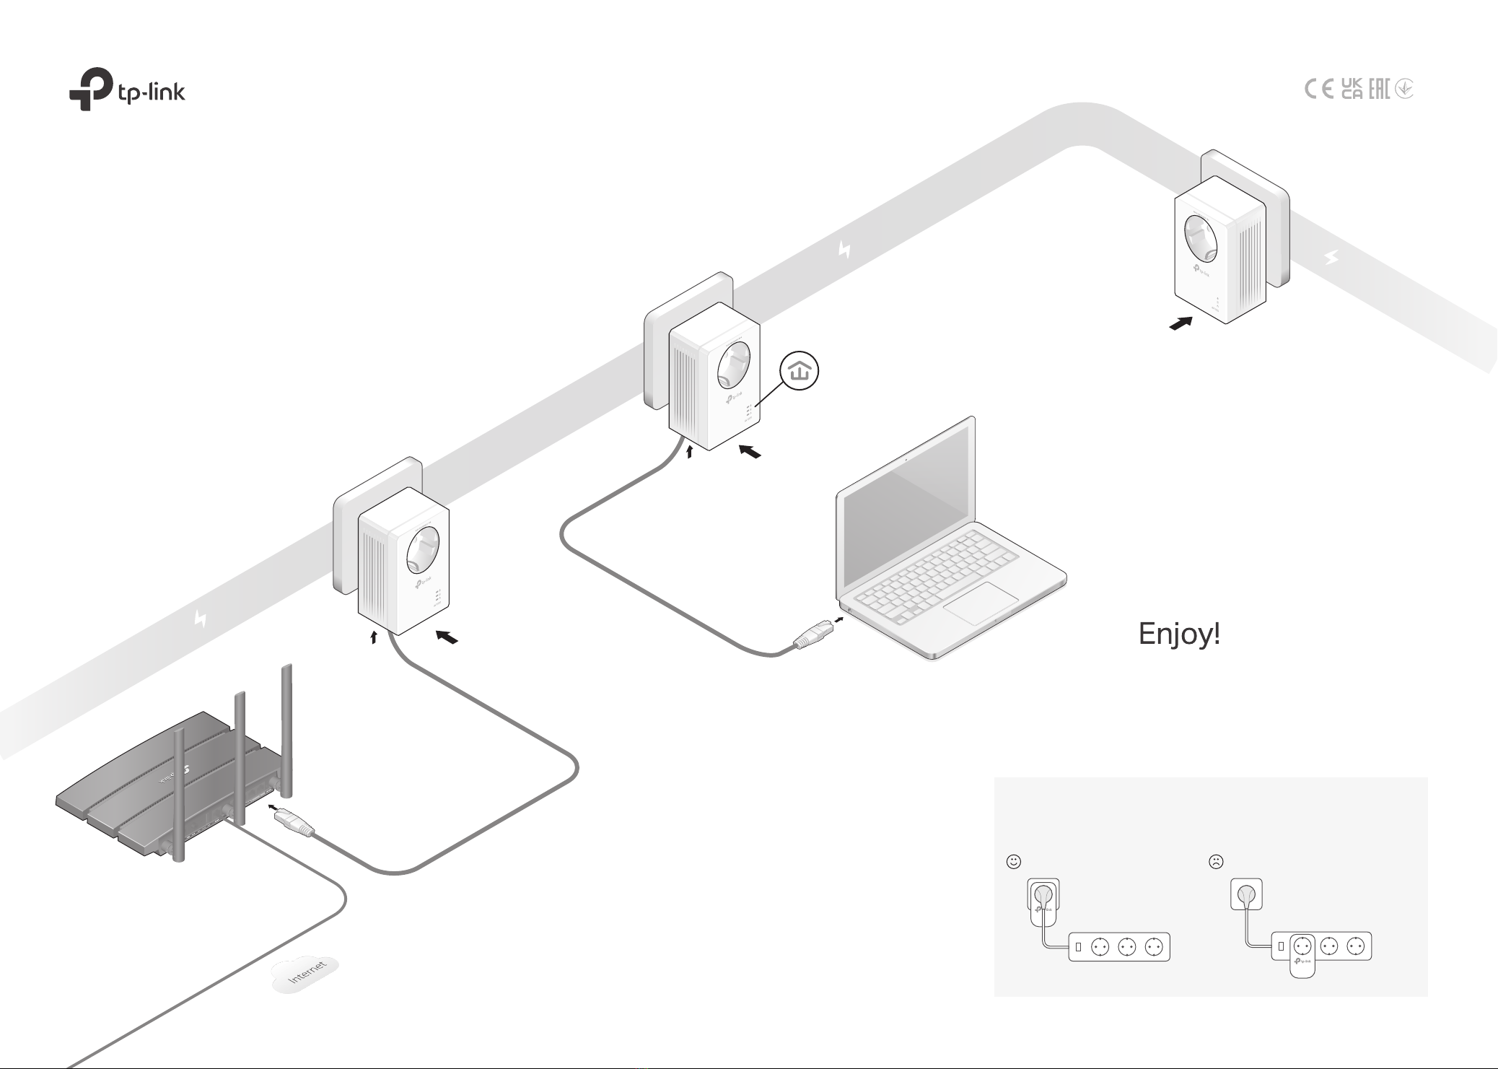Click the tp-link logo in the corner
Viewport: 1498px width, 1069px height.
click(127, 90)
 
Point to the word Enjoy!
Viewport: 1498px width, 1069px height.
click(1179, 634)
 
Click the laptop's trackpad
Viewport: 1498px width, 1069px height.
click(980, 603)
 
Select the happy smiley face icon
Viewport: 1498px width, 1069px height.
click(1014, 861)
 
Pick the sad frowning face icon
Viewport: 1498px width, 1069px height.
click(1216, 861)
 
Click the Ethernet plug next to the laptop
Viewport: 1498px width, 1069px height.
click(812, 634)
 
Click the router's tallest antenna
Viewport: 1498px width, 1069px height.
click(286, 729)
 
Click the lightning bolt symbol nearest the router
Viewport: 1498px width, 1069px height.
click(201, 619)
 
